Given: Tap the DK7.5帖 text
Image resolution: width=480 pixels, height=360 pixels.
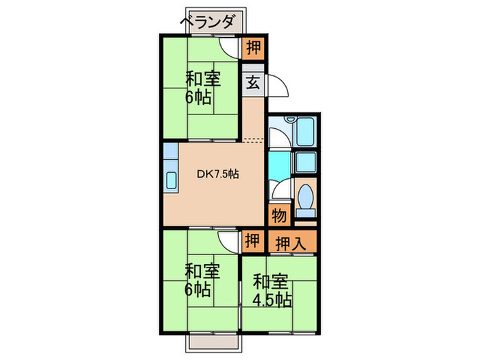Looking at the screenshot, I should click(218, 174).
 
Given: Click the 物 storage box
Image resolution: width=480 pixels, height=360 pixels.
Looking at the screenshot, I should click(279, 215).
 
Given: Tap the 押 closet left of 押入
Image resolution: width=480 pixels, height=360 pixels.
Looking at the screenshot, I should click(252, 241).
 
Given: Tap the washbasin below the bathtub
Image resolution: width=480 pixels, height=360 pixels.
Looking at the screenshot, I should click(305, 163).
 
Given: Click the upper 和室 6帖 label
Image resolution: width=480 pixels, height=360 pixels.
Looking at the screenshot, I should click(202, 88).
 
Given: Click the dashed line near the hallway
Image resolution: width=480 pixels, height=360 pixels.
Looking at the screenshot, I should click(252, 141).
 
